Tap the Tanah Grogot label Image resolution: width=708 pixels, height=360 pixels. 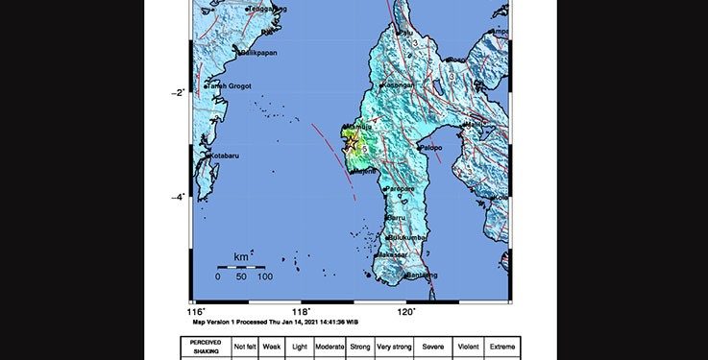point(229,86)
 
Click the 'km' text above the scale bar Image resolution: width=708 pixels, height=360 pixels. point(241,257)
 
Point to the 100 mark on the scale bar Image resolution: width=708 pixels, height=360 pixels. point(264,276)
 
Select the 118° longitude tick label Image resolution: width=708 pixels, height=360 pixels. point(302,311)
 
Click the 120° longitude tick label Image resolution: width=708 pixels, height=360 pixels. point(406,311)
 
